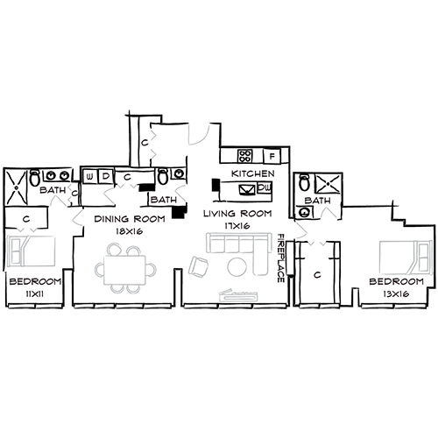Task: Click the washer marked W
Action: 90,175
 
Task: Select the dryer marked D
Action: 106,175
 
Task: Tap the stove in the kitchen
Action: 246,157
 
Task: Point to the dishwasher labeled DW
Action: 264,187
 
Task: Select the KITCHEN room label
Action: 252,173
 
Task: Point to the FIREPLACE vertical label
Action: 281,258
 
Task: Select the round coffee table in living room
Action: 237,267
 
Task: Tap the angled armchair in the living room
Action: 199,266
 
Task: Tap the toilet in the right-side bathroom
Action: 304,184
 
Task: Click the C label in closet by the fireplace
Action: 317,274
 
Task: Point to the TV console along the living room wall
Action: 242,295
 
